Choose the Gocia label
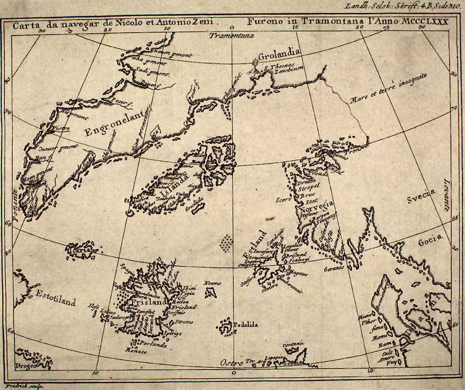[429, 239]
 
